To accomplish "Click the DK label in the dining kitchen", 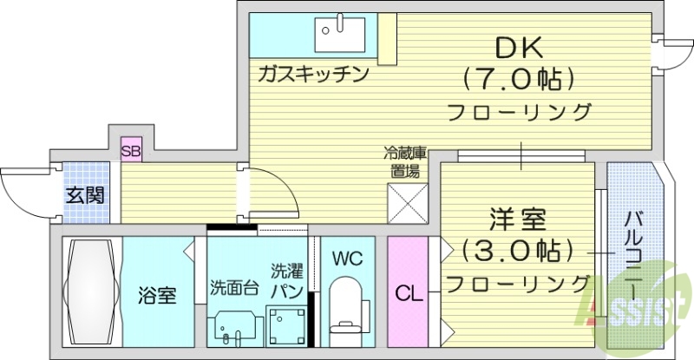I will pos(520,47).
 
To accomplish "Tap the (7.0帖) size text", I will pos(520,81).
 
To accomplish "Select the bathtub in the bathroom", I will pos(90,293).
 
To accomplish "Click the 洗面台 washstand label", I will pos(233,288).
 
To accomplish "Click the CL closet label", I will pos(408,293).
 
